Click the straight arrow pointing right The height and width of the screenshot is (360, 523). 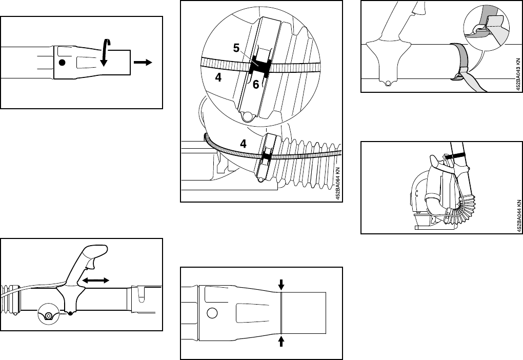point(143,62)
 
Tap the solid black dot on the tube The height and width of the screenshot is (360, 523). point(62,63)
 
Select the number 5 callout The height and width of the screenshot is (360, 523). point(236,48)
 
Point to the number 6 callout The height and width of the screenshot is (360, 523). point(255,86)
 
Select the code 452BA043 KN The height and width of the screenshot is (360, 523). point(519,73)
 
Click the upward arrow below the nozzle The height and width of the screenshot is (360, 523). point(281,341)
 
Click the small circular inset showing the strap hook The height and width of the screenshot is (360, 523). point(485,28)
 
